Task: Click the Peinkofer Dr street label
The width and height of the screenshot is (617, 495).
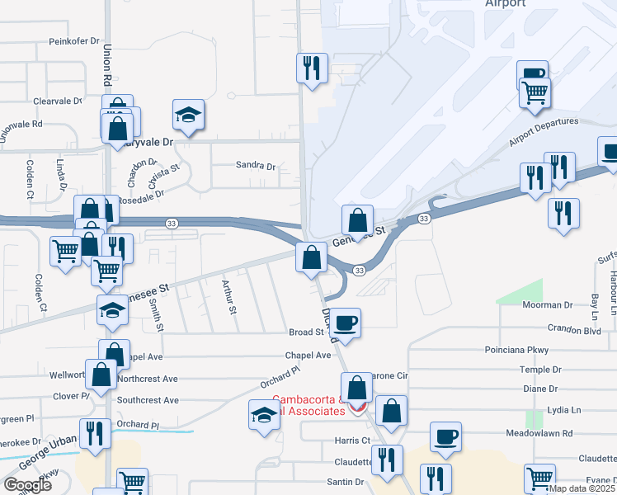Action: coord(73,40)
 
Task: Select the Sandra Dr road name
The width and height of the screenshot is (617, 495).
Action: coord(255,165)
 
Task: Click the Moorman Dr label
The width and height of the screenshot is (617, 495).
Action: coord(547,305)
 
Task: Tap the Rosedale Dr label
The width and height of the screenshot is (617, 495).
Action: coord(141,199)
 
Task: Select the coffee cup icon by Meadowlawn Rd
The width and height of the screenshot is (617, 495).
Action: coord(445,436)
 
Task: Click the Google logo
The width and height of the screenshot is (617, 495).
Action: coord(27,485)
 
